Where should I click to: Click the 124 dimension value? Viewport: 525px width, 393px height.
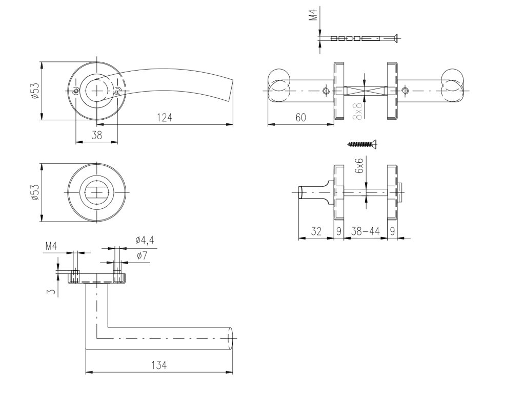[x=164, y=118]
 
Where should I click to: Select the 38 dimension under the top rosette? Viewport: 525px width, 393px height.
[x=96, y=136]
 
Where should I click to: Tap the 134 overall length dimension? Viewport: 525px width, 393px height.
[x=160, y=365]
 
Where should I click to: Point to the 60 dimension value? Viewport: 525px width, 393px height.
[x=300, y=118]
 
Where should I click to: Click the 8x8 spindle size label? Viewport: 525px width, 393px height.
[x=358, y=110]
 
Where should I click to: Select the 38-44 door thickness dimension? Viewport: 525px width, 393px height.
[x=365, y=231]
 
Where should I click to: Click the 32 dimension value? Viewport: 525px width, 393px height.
[x=316, y=231]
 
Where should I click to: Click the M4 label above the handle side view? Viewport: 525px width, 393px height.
[x=51, y=246]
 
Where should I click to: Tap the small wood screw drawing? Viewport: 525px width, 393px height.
[x=362, y=143]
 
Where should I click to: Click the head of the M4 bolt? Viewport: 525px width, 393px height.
[x=395, y=38]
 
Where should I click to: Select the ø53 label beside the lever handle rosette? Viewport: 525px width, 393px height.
[x=34, y=91]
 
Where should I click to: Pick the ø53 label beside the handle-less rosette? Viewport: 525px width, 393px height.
[x=34, y=192]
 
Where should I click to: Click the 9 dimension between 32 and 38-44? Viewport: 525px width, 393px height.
[x=338, y=231]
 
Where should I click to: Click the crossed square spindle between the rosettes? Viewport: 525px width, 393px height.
[x=365, y=92]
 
